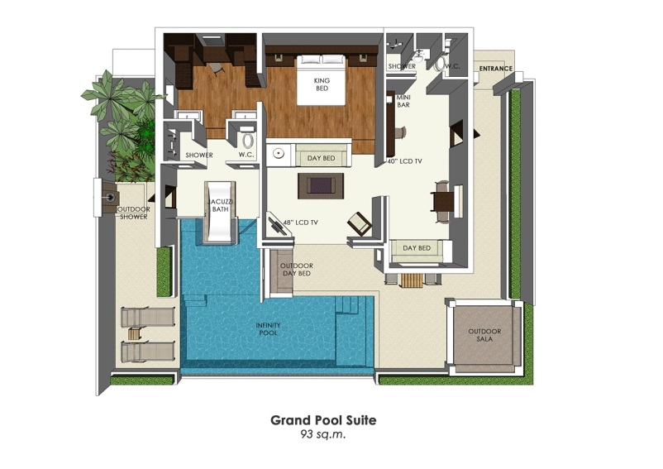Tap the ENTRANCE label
pyautogui.click(x=496, y=69)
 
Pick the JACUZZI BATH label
pyautogui.click(x=220, y=205)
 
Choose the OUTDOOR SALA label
pyautogui.click(x=484, y=335)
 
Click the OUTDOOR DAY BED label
pyautogui.click(x=295, y=269)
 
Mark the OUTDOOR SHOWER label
pyautogui.click(x=133, y=213)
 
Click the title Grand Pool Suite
pyautogui.click(x=322, y=420)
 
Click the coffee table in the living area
pyautogui.click(x=322, y=184)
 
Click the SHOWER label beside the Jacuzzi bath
pyautogui.click(x=199, y=155)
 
